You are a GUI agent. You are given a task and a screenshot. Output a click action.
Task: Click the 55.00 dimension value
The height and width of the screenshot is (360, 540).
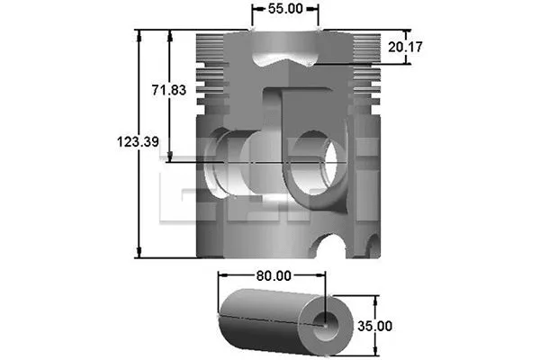point(284,10)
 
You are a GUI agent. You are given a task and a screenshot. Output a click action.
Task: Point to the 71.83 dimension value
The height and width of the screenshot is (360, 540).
point(168,91)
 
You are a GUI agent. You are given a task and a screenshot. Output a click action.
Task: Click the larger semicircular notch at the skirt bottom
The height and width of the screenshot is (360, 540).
point(337,245)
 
